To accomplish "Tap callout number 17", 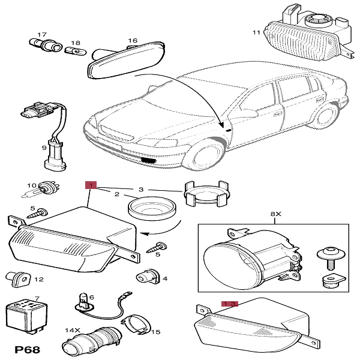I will click(42, 35).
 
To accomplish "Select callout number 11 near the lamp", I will click(256, 32).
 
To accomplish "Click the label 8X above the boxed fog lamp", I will click(275, 214).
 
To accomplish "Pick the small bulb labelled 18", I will click(70, 52).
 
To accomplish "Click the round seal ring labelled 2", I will click(151, 209).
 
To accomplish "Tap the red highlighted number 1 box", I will click(91, 185).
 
